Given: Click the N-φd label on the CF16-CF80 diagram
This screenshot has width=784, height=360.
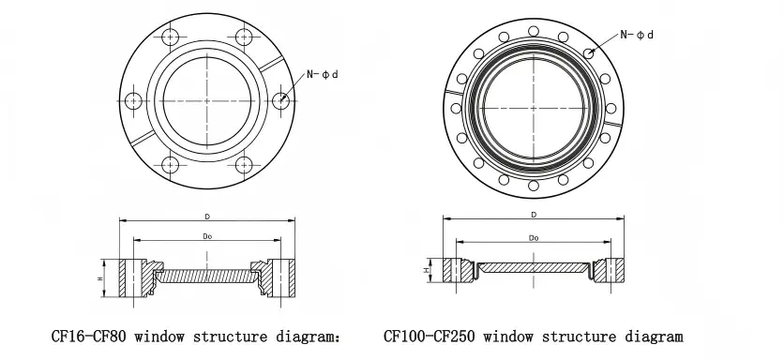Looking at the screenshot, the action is coord(323,74).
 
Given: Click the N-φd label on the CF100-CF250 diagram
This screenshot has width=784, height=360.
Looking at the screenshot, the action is coord(637,35).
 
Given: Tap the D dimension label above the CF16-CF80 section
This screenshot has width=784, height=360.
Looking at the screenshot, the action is coord(207,217).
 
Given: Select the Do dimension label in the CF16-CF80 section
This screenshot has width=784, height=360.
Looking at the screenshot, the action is coord(207,236).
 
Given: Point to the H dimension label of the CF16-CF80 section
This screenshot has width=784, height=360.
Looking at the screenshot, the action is coord(99,278).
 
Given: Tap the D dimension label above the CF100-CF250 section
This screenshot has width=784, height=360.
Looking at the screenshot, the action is coord(534,215).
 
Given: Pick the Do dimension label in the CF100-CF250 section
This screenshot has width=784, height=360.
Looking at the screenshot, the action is coord(534,238).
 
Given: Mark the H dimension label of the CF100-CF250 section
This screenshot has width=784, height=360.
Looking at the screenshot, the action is coord(426,270).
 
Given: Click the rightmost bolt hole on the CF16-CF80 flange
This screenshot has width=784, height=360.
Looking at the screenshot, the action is coord(280,100).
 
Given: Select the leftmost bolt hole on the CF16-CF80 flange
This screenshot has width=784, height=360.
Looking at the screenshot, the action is coord(133,100).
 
